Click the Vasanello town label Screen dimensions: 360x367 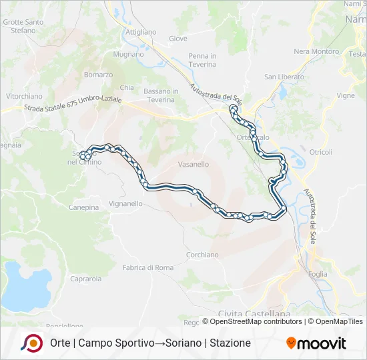coord(194,164)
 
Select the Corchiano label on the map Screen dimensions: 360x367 coord(202,255)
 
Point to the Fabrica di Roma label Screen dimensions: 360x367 coord(147,267)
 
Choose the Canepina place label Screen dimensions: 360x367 coord(83,207)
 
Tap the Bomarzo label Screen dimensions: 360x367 coord(98,75)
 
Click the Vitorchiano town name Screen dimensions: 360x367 coord(24,96)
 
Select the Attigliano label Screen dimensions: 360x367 coord(141,32)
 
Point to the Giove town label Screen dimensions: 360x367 coord(178,39)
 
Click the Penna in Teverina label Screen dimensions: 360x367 coord(202,60)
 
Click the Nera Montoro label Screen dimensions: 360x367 coord(316,51)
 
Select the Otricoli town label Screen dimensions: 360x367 coord(320,152)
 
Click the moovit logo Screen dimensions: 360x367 coord(316,343)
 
